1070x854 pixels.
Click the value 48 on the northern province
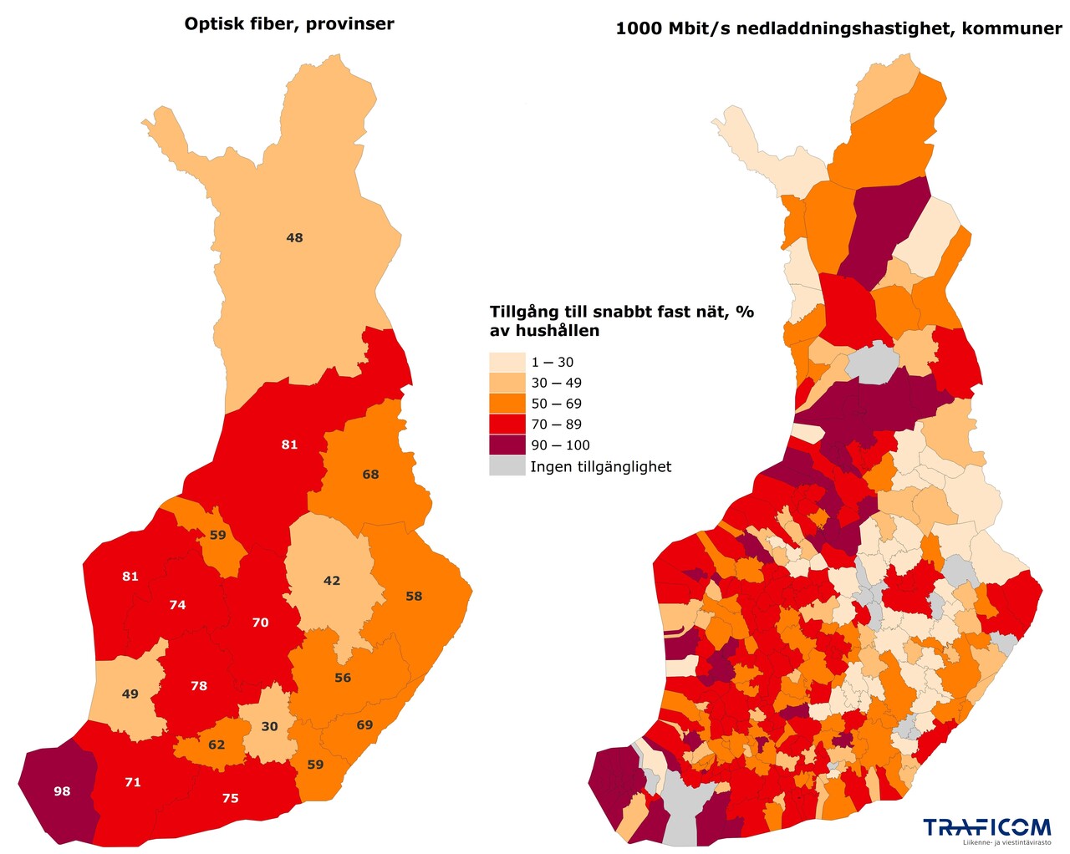(294, 238)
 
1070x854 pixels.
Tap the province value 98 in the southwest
(62, 791)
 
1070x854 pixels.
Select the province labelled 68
(370, 475)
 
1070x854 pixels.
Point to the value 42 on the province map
(332, 581)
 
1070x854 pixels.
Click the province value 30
(269, 727)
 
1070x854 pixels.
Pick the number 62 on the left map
(217, 745)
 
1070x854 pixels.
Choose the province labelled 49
(130, 694)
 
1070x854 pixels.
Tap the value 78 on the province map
(199, 686)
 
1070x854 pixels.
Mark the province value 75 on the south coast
(231, 799)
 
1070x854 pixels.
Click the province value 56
(343, 678)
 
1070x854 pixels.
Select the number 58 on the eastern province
(414, 597)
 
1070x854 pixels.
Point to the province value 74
(177, 605)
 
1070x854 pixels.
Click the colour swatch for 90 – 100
(507, 445)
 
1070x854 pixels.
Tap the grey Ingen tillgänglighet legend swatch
(507, 466)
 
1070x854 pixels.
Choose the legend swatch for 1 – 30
(507, 363)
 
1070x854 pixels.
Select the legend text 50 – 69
(556, 404)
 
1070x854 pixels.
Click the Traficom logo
(986, 829)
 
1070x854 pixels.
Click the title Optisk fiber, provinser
(289, 24)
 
